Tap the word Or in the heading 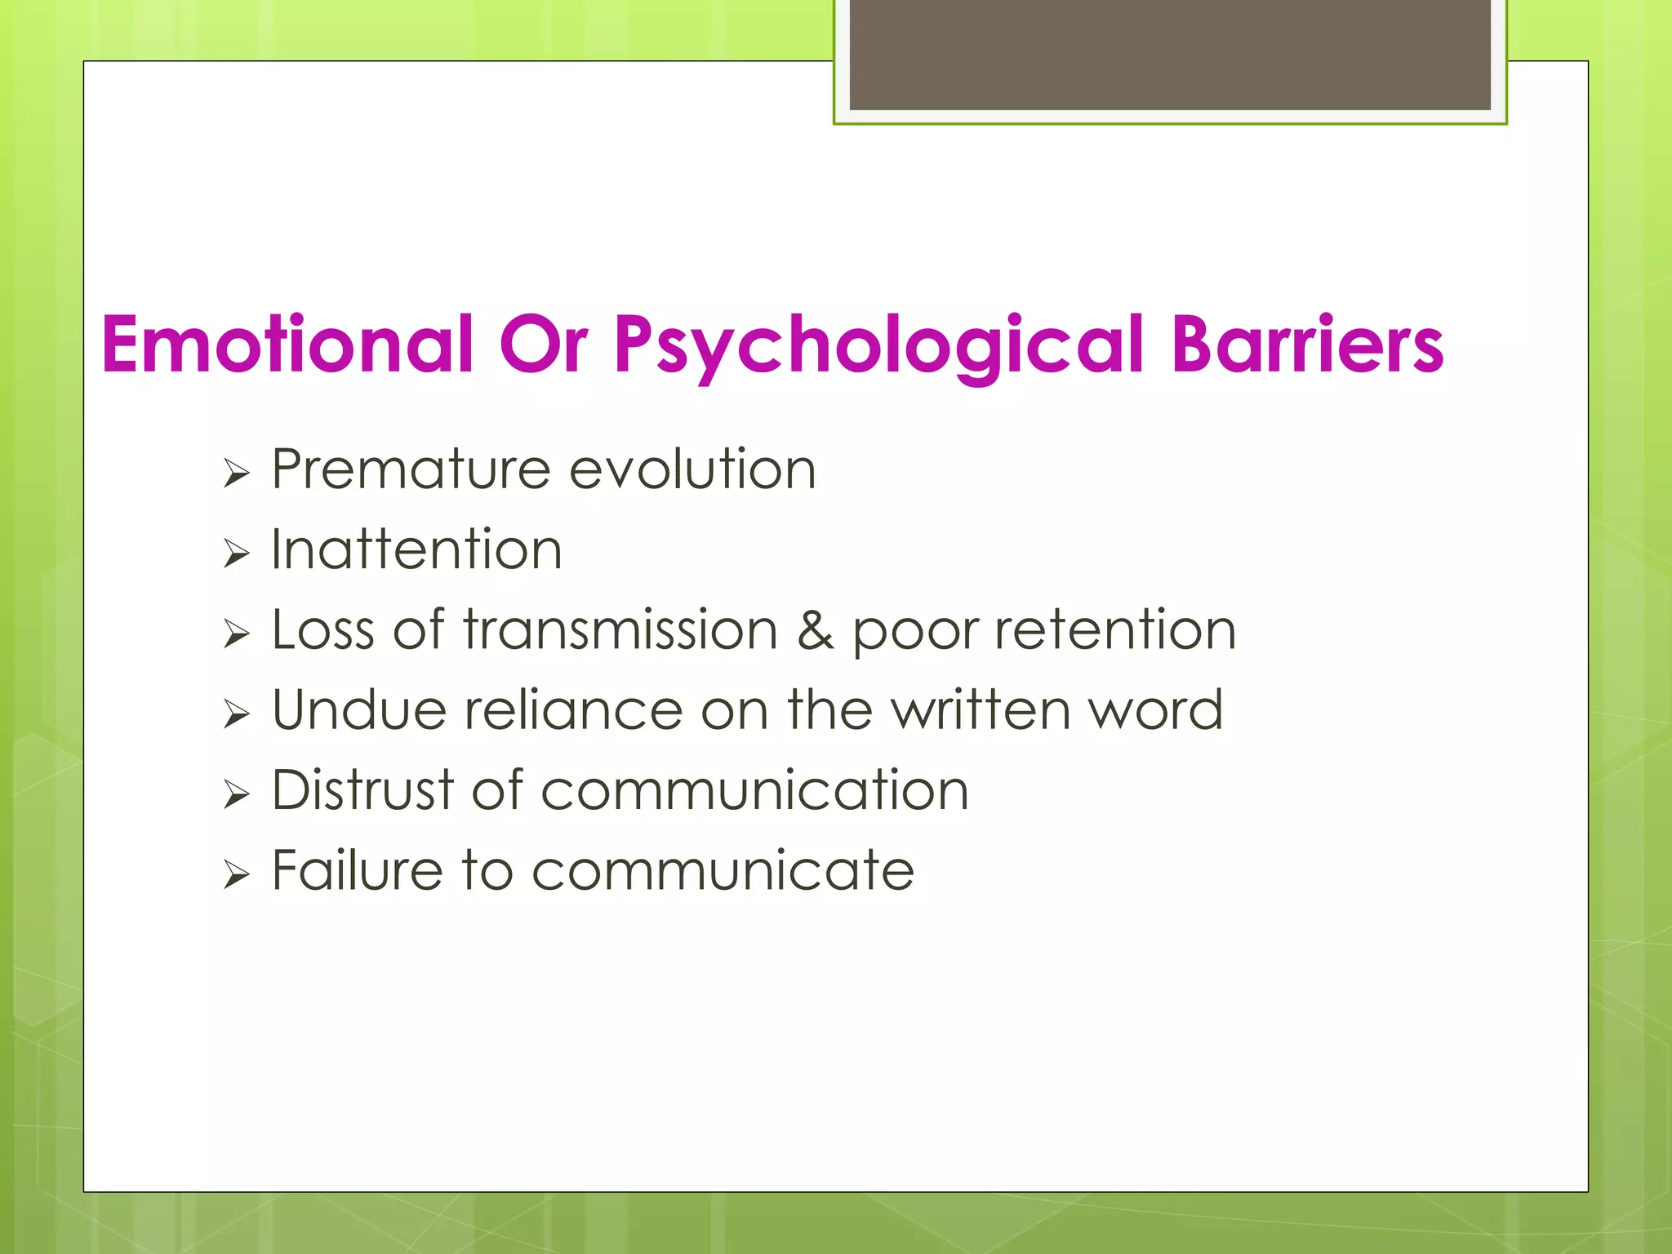543,345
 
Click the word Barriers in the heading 1307,345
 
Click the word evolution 692,470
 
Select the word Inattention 416,549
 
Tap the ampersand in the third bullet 815,631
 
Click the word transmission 620,630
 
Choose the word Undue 358,709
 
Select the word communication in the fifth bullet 754,790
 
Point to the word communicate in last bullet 723,871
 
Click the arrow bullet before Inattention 236,554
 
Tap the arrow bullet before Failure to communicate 236,876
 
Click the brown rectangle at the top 1169,55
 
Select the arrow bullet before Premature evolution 236,474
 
